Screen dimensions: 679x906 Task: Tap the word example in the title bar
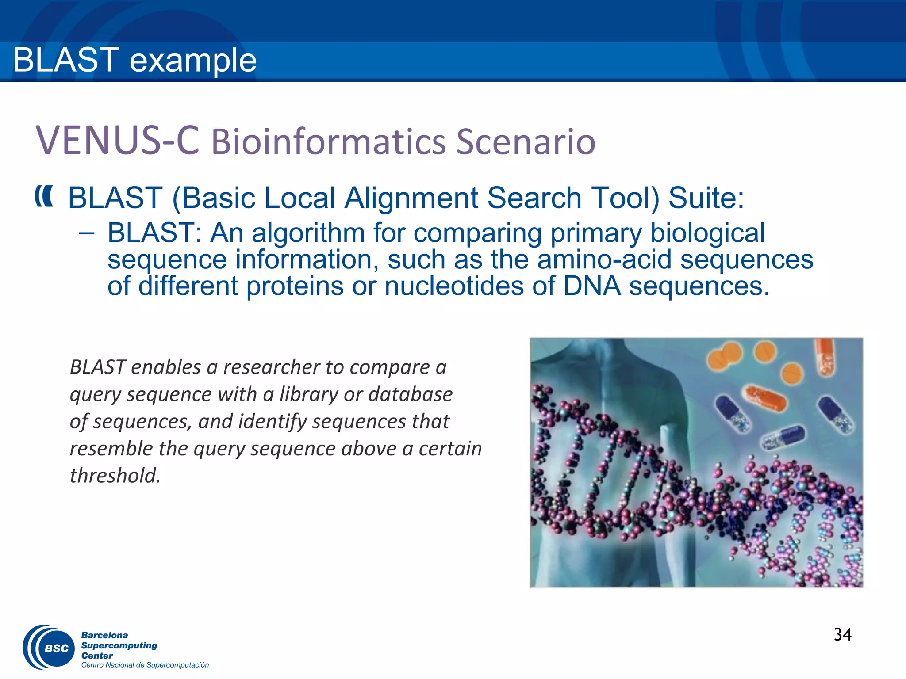pyautogui.click(x=193, y=61)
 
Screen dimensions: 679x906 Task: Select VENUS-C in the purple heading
pyautogui.click(x=117, y=141)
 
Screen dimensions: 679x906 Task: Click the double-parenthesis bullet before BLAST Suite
pyautogui.click(x=44, y=196)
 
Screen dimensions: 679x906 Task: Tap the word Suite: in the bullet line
pyautogui.click(x=706, y=198)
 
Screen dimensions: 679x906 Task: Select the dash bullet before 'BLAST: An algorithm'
pyautogui.click(x=87, y=233)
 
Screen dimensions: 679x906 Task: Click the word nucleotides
pyautogui.click(x=454, y=286)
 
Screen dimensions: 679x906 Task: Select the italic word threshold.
pyautogui.click(x=115, y=476)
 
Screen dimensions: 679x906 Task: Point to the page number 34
pyautogui.click(x=842, y=635)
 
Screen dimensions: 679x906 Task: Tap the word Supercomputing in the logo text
pyautogui.click(x=119, y=645)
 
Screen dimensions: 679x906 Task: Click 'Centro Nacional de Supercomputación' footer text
pyautogui.click(x=145, y=665)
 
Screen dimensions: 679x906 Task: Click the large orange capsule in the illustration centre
pyautogui.click(x=766, y=397)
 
